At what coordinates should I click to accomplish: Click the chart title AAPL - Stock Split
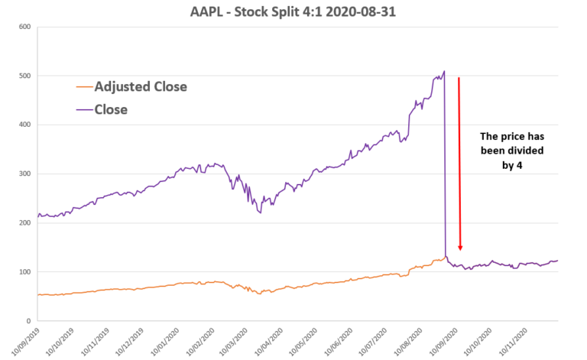coord(293,11)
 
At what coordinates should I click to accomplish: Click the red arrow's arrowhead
coord(460,246)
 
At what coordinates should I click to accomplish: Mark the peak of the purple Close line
coord(444,72)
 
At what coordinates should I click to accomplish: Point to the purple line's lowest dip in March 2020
coord(261,212)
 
